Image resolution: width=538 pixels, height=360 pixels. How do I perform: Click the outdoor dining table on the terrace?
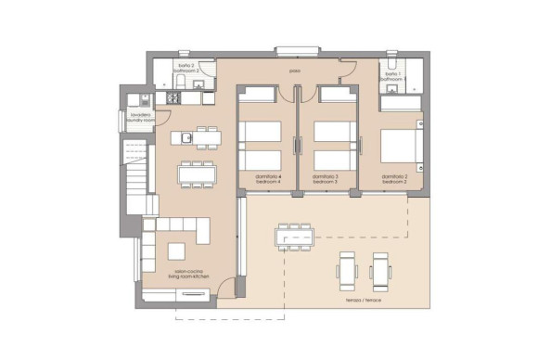(x=296, y=238)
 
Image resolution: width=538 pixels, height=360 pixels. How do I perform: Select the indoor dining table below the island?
(x=196, y=173)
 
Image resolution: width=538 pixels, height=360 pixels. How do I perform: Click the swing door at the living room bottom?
(x=223, y=291)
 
